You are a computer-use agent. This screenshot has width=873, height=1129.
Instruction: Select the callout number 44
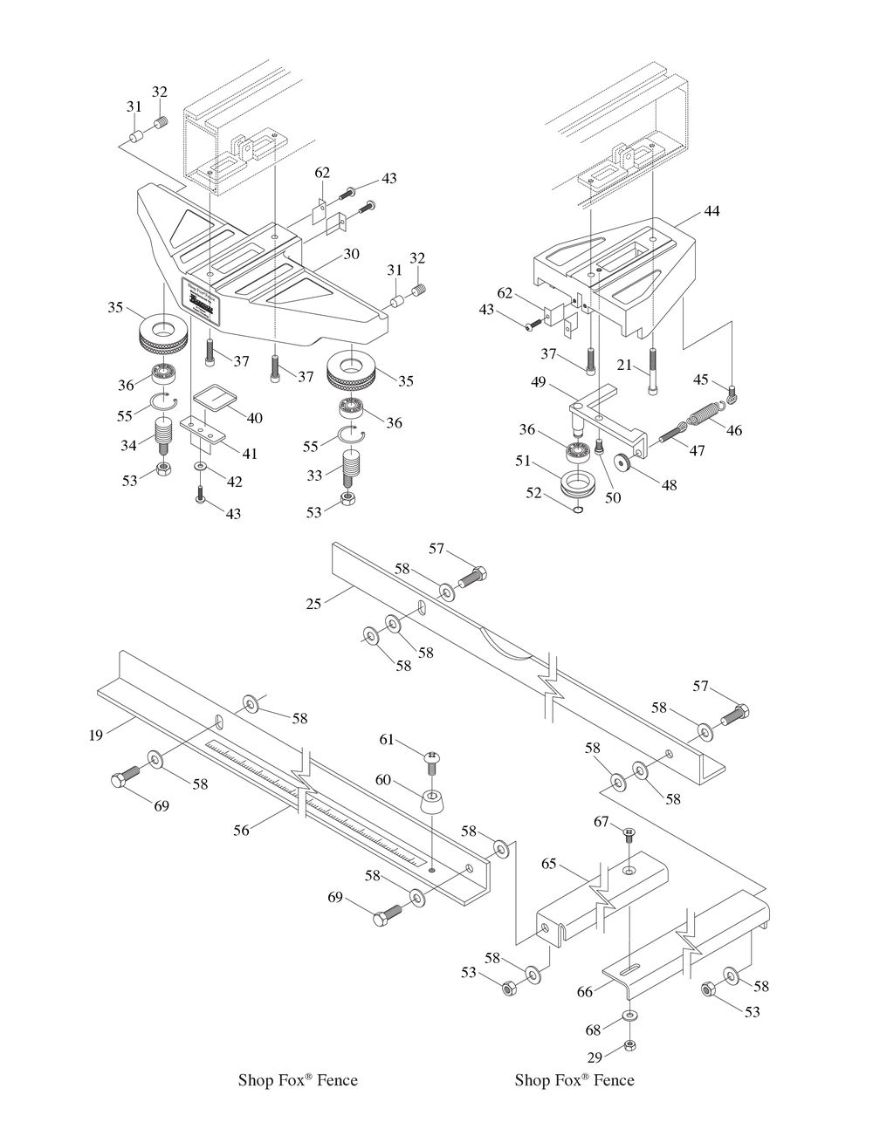(712, 211)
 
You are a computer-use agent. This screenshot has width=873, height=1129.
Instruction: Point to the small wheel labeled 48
(623, 462)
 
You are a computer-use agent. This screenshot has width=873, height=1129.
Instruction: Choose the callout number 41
(250, 454)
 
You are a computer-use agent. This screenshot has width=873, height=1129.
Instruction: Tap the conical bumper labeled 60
(432, 801)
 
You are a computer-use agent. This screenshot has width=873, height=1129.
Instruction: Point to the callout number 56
(241, 830)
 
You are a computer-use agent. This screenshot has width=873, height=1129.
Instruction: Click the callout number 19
(96, 735)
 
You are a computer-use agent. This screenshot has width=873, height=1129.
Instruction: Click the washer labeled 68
(629, 1016)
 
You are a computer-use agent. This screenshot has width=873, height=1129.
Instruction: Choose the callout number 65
(548, 864)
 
